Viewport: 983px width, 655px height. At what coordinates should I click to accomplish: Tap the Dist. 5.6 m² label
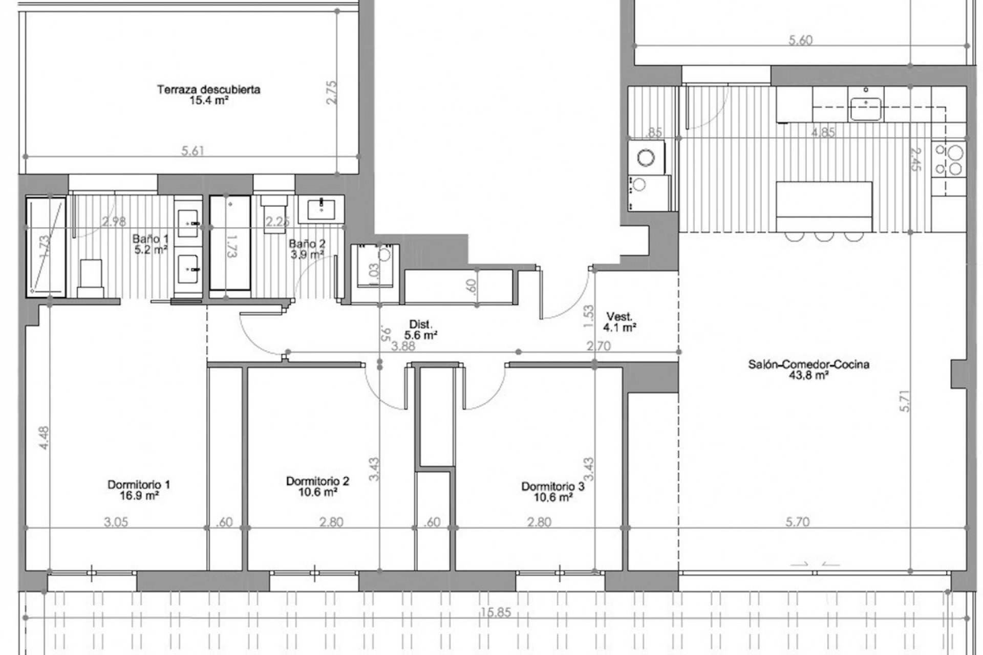(x=421, y=330)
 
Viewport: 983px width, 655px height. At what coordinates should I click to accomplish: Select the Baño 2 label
(x=307, y=249)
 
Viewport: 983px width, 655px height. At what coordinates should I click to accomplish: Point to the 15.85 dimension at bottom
(x=496, y=613)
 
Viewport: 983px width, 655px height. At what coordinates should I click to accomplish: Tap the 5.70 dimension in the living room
(x=798, y=522)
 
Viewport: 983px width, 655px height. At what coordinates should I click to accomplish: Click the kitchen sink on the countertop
(x=866, y=108)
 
